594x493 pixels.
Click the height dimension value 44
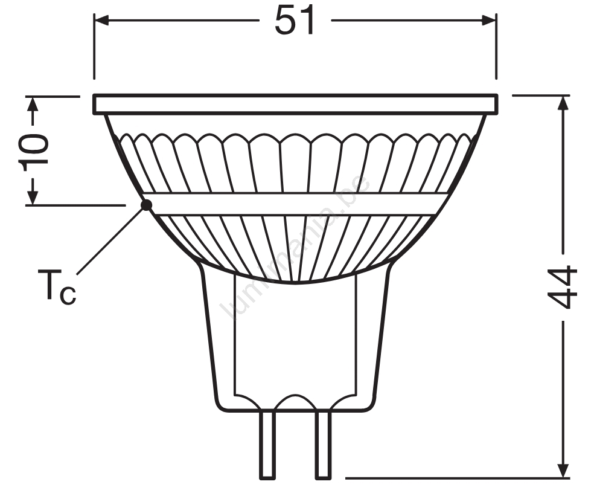pyautogui.click(x=563, y=287)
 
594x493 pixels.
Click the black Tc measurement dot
pyautogui.click(x=146, y=205)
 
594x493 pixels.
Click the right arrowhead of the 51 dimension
pyautogui.click(x=489, y=21)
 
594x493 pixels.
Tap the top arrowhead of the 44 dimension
pyautogui.click(x=564, y=103)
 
